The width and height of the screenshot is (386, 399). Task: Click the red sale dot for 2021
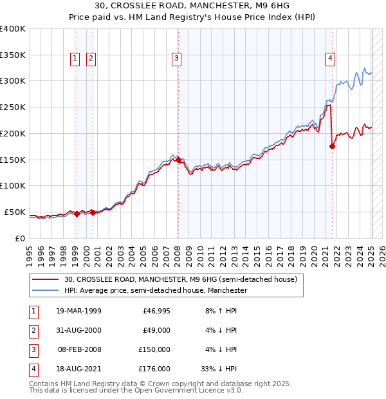click(x=333, y=146)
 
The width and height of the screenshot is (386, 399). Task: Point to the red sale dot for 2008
click(x=178, y=160)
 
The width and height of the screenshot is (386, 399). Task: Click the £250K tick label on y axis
click(x=13, y=107)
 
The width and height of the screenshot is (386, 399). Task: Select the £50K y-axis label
click(x=15, y=212)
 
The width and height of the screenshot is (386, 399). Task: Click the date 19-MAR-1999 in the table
click(x=79, y=311)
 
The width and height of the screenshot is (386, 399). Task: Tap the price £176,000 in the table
click(x=154, y=369)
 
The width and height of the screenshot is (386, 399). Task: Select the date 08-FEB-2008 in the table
click(x=79, y=350)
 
